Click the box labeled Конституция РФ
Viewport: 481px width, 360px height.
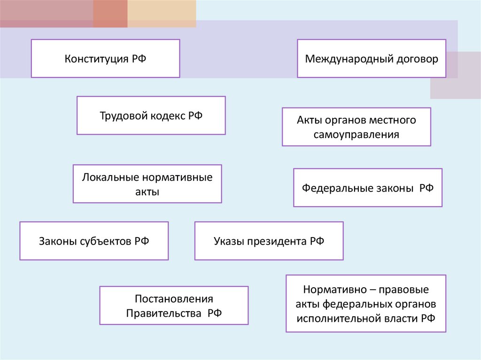(105, 58)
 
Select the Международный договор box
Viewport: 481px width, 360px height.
(371, 59)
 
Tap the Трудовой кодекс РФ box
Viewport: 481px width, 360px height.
(151, 115)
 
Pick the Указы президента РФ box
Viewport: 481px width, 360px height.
(269, 241)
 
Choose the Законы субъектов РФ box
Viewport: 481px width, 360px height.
(94, 241)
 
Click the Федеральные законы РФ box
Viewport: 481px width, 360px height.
(368, 188)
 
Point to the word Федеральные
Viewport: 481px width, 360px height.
(333, 188)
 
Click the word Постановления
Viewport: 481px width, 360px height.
(174, 299)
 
